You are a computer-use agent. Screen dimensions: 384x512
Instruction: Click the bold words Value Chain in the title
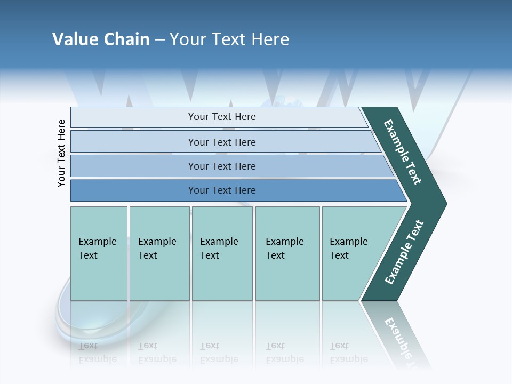(101, 39)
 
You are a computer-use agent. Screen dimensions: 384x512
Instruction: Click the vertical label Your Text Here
(61, 153)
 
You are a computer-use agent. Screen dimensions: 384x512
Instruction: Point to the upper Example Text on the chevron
(403, 152)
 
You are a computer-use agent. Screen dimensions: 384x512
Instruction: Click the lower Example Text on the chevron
(404, 252)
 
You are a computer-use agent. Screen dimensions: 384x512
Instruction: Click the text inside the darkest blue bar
(222, 190)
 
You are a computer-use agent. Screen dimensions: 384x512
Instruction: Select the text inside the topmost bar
(222, 117)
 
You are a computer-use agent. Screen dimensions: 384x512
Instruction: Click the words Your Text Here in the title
(229, 39)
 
